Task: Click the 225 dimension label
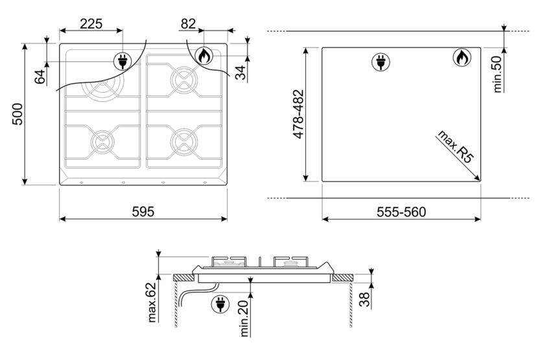[91, 23]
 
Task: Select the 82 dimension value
[188, 23]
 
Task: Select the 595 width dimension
[143, 211]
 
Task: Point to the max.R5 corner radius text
[453, 147]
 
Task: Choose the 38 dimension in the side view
[364, 300]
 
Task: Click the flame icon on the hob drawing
[204, 57]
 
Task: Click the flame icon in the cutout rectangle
[461, 58]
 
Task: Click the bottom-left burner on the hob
[102, 141]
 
